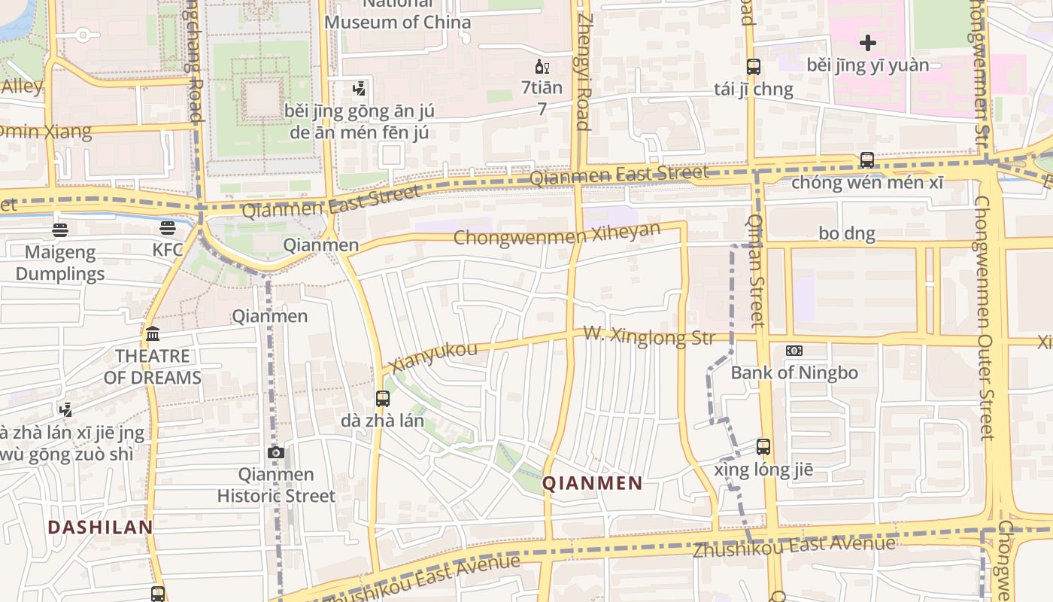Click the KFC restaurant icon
pyautogui.click(x=168, y=228)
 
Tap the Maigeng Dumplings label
pyautogui.click(x=60, y=263)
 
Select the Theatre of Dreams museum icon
pyautogui.click(x=153, y=333)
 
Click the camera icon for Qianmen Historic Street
pyautogui.click(x=276, y=452)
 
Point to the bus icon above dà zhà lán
pyautogui.click(x=383, y=398)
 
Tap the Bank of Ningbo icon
pyautogui.click(x=794, y=351)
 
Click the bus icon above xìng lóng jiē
pyautogui.click(x=763, y=447)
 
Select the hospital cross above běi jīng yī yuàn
pyautogui.click(x=868, y=42)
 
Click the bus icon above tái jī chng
pyautogui.click(x=753, y=66)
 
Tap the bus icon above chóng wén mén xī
pyautogui.click(x=867, y=160)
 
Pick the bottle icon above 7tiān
pyautogui.click(x=542, y=66)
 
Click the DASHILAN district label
pyautogui.click(x=101, y=528)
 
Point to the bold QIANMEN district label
pyautogui.click(x=593, y=483)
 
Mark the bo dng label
pyautogui.click(x=847, y=233)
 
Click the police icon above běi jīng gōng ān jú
pyautogui.click(x=359, y=89)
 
